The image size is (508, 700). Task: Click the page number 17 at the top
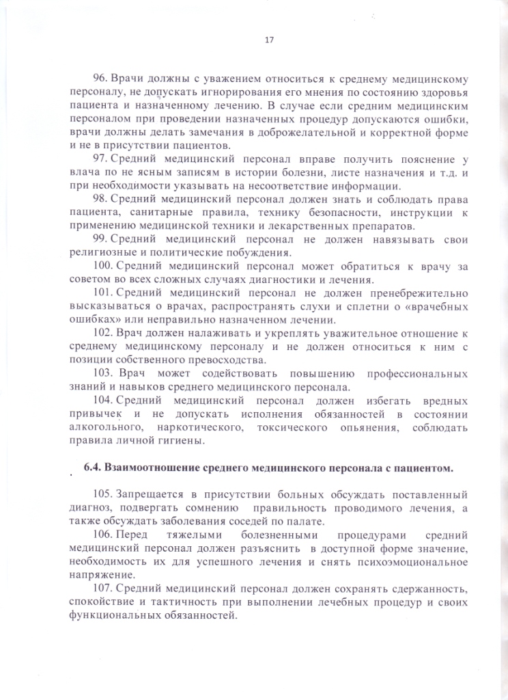[268, 39]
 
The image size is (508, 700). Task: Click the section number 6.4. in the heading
[92, 468]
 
